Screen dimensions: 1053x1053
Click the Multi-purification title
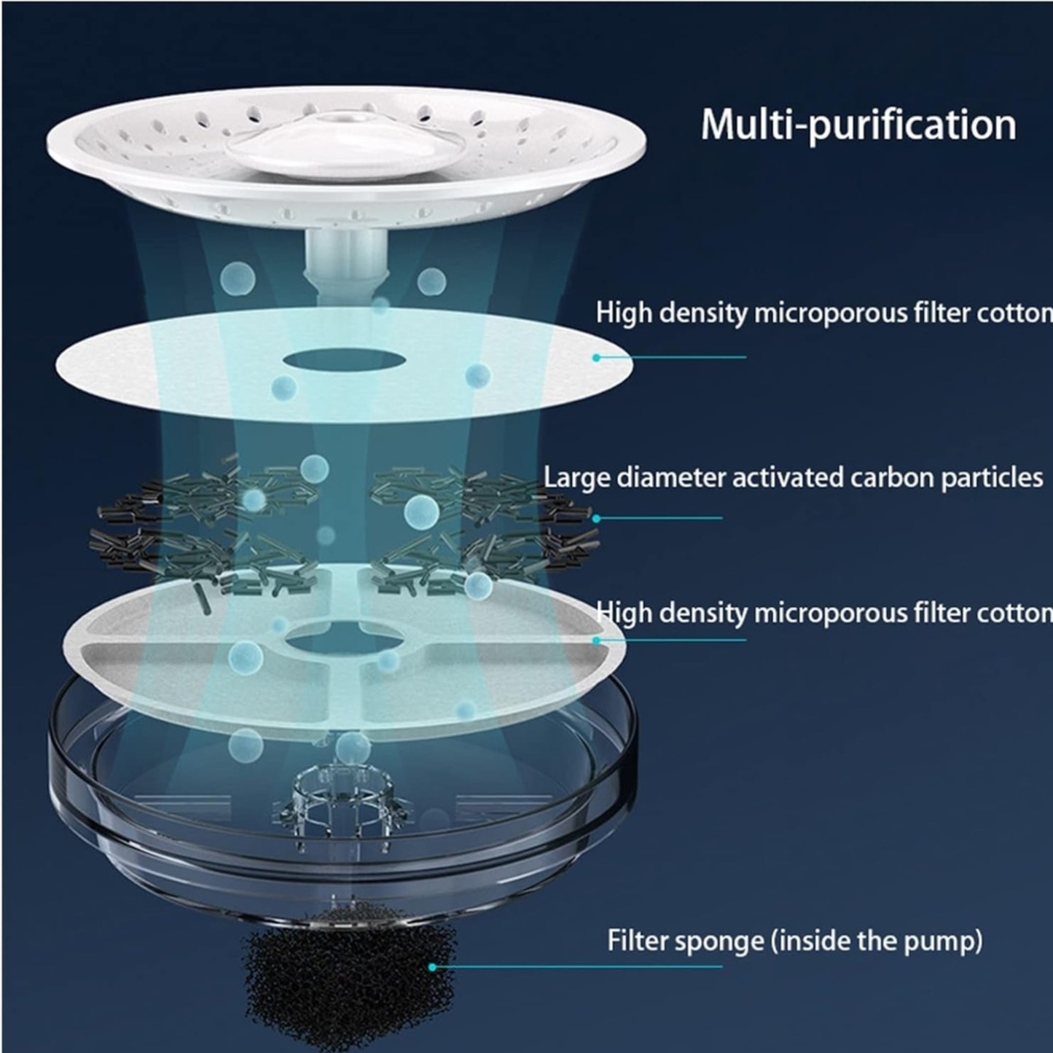pyautogui.click(x=858, y=125)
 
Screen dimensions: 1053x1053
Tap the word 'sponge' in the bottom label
pyautogui.click(x=717, y=941)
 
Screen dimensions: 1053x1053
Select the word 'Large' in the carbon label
pyautogui.click(x=576, y=478)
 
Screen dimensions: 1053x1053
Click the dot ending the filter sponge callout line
pyautogui.click(x=432, y=967)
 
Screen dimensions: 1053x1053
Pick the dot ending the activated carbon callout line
pyautogui.click(x=596, y=518)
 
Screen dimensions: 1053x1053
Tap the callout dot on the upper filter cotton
pyautogui.click(x=596, y=357)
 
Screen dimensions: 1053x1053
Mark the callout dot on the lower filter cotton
pyautogui.click(x=596, y=641)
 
